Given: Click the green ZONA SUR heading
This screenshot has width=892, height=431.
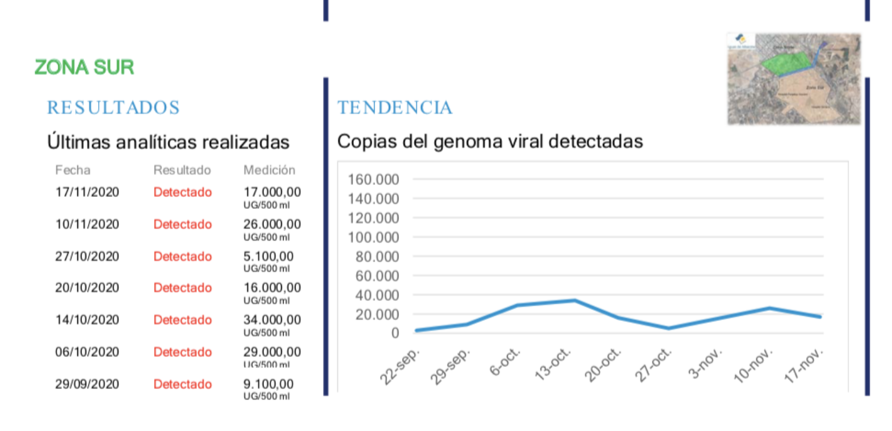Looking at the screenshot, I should tap(84, 67).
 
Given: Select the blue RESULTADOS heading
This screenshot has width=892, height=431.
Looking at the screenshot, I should tap(114, 108).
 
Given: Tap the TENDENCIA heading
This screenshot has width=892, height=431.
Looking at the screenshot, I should tap(395, 108).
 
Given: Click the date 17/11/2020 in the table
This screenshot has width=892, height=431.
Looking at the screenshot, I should tap(87, 193).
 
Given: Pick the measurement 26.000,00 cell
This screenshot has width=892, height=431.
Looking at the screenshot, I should tap(272, 225).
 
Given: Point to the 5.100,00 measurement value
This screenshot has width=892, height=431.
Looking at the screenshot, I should tap(268, 257).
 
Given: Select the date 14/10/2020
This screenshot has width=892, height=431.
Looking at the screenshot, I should tap(87, 320).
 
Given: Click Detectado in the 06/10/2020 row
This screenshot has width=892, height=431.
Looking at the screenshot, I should tap(183, 352).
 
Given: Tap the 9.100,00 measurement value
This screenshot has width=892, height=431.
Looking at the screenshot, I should tap(268, 384).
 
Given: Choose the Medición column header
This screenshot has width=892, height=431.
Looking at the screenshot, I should tap(269, 170).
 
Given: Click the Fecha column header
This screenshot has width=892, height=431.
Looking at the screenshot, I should tap(73, 170).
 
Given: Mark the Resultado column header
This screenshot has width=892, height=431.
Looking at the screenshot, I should tap(182, 170).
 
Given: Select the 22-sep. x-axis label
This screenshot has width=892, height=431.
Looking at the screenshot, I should tap(401, 366).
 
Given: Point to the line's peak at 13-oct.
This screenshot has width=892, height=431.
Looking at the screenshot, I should tap(574, 300).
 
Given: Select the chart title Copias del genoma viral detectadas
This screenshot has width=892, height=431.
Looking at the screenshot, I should tap(490, 142).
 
